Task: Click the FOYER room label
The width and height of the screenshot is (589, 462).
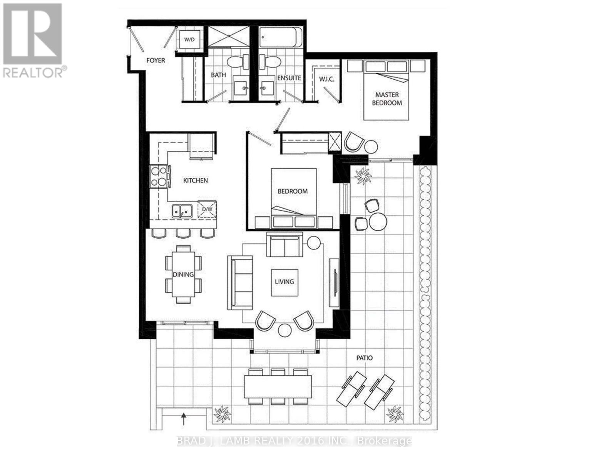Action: [x=156, y=60]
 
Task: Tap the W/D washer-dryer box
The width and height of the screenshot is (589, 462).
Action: [x=189, y=39]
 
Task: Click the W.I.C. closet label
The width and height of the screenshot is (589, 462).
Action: [x=326, y=79]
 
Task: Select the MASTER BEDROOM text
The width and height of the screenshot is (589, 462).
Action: [x=387, y=99]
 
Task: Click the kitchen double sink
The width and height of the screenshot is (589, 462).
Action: [x=182, y=211]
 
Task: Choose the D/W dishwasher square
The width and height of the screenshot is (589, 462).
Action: [x=207, y=209]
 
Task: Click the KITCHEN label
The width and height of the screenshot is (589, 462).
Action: [x=196, y=180]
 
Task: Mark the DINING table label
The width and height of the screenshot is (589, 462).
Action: [x=183, y=275]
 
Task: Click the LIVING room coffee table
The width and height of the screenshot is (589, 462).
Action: [x=284, y=282]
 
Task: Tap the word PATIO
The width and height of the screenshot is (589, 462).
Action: [x=364, y=358]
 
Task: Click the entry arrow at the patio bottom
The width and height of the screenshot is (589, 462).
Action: [x=184, y=417]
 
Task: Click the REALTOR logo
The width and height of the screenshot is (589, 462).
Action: [x=33, y=40]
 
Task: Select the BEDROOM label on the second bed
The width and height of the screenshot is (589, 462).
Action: [x=293, y=191]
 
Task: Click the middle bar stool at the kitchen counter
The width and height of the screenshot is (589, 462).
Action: [x=183, y=233]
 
